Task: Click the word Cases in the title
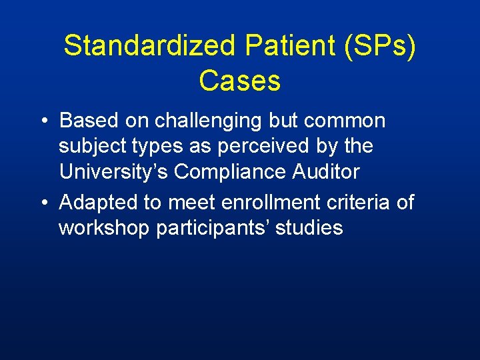(239, 81)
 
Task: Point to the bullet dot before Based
(43, 121)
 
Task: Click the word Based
(86, 121)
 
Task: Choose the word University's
(114, 172)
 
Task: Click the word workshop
(104, 228)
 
